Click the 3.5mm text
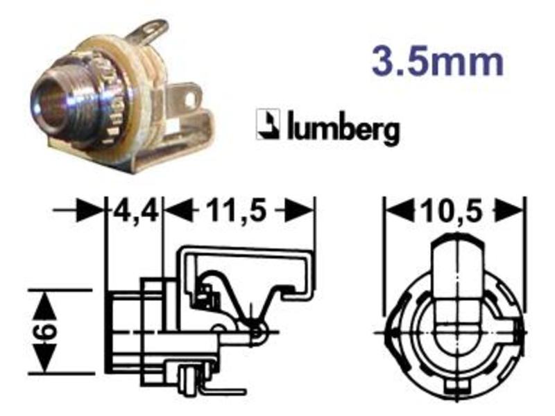(x=438, y=62)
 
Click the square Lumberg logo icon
(x=268, y=124)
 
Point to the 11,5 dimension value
(x=235, y=211)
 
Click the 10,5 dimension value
(x=452, y=211)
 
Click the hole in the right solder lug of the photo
(x=191, y=98)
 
